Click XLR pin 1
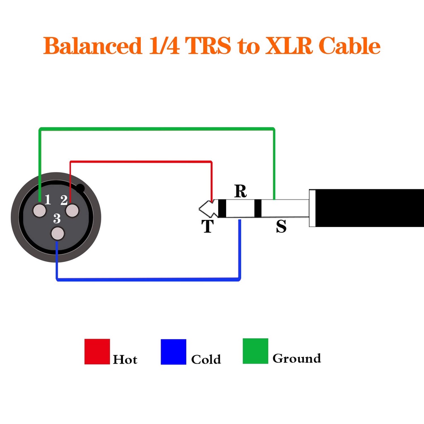point(40,210)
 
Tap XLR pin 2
point(72,210)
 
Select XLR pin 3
point(58,234)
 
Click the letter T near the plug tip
point(207,226)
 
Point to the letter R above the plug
point(240,191)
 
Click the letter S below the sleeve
point(281,226)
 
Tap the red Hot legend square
point(97,352)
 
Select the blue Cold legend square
point(173,352)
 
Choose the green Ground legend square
point(255,351)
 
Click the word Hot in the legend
point(125,359)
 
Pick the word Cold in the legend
point(206,359)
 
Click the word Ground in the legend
point(296,358)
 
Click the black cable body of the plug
point(369,208)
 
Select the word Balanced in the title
point(92,46)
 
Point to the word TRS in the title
point(208,46)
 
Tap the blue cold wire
point(149,279)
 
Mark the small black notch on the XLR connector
point(80,189)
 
